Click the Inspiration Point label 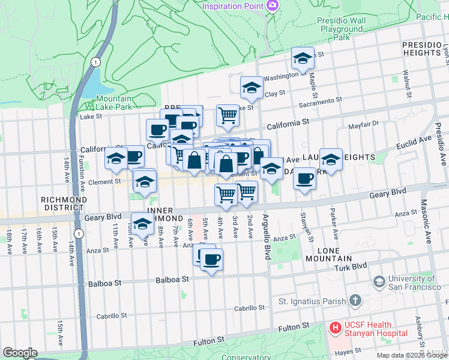coord(233,6)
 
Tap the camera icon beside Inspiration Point coord(273,5)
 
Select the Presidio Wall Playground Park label coord(342,28)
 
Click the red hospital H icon coord(334,328)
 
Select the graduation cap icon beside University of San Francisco coord(379,281)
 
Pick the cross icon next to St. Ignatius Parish coord(355,300)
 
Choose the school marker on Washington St coord(303,59)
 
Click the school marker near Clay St coord(252,88)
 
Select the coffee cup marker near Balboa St coord(211,260)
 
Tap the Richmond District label coord(64,203)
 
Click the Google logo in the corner coord(20,353)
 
